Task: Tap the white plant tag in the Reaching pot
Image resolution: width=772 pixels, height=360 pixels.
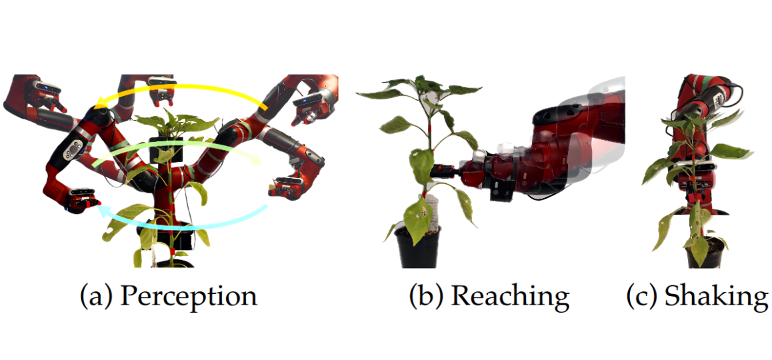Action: coord(430,213)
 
